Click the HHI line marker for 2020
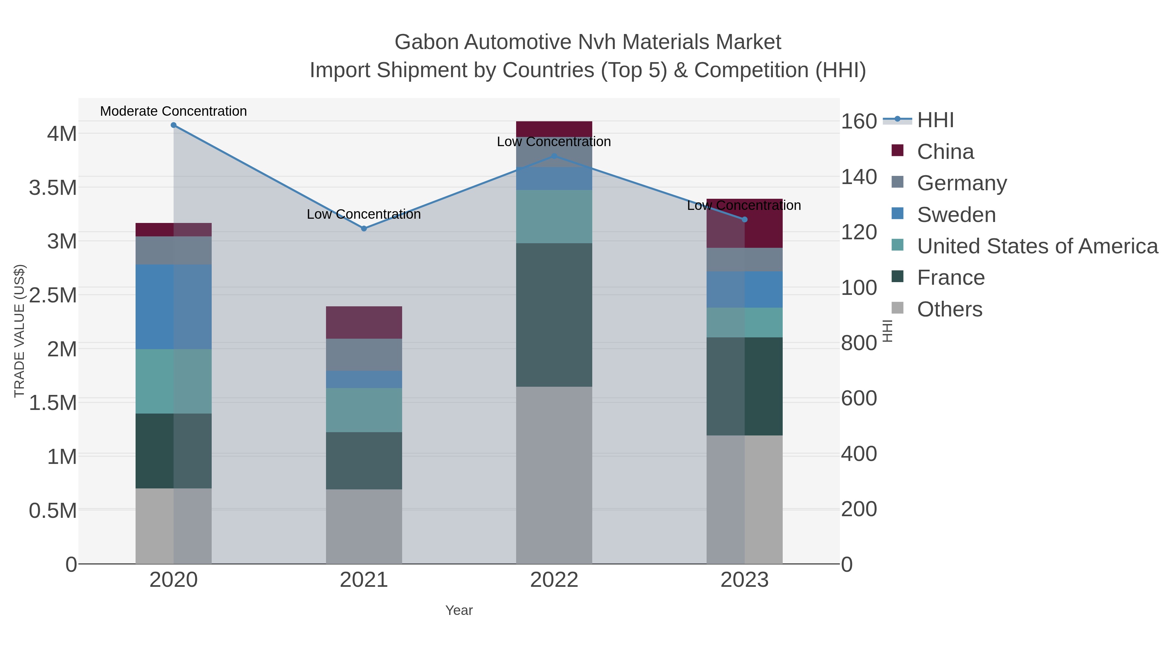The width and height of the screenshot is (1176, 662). coord(173,125)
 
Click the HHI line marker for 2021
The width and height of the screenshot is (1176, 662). coord(364,229)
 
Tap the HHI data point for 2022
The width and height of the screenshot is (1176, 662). coord(554,156)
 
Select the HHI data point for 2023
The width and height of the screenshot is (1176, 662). coord(744,220)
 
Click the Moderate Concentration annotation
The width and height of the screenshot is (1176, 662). coord(173,111)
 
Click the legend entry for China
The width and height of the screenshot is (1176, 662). coord(945,152)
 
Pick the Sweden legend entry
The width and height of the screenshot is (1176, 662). coord(956,215)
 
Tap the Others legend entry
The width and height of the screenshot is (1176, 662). coord(950,309)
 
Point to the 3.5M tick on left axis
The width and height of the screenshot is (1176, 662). coord(53,188)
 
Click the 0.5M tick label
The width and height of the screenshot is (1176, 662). coord(53,510)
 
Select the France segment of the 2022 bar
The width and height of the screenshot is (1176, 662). coord(554,315)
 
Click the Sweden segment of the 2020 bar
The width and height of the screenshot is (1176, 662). coord(173,307)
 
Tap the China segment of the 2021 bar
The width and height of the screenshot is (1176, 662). coord(364,323)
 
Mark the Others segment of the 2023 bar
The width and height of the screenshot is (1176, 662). coord(744,499)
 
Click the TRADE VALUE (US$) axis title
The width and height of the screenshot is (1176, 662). coord(20,331)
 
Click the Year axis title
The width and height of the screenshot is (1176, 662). coord(459,610)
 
